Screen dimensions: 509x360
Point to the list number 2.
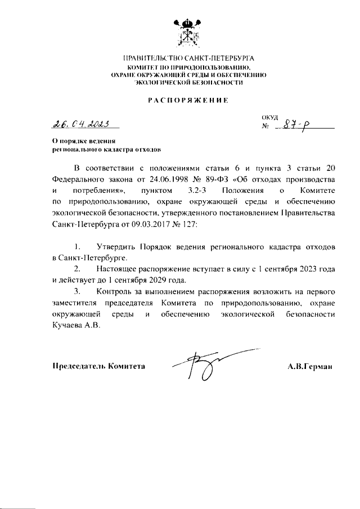click(77, 269)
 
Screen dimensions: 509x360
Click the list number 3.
click(77, 292)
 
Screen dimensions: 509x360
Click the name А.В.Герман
click(310, 366)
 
